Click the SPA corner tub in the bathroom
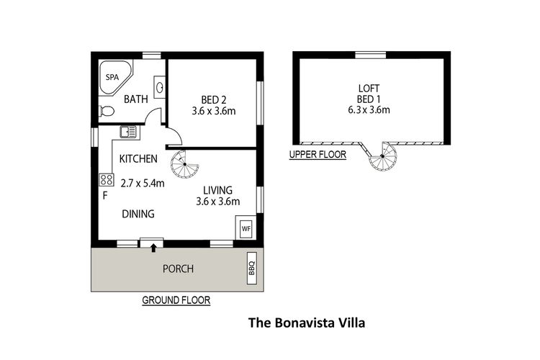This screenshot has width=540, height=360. click(113, 76)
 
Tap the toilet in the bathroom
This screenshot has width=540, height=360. click(107, 112)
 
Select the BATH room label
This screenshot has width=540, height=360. click(136, 99)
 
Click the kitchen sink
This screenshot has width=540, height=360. click(128, 132)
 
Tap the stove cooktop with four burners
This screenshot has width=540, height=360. click(106, 179)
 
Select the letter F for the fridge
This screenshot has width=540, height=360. click(105, 194)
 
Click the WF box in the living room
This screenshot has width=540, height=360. click(246, 229)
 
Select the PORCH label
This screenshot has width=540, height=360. click(177, 269)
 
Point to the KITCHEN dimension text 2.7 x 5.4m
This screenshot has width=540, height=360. click(143, 184)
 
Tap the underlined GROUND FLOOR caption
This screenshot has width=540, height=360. click(176, 300)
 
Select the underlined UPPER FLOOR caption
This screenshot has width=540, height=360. click(318, 154)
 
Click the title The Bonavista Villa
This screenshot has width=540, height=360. click(307, 323)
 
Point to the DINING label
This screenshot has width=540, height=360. click(138, 214)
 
